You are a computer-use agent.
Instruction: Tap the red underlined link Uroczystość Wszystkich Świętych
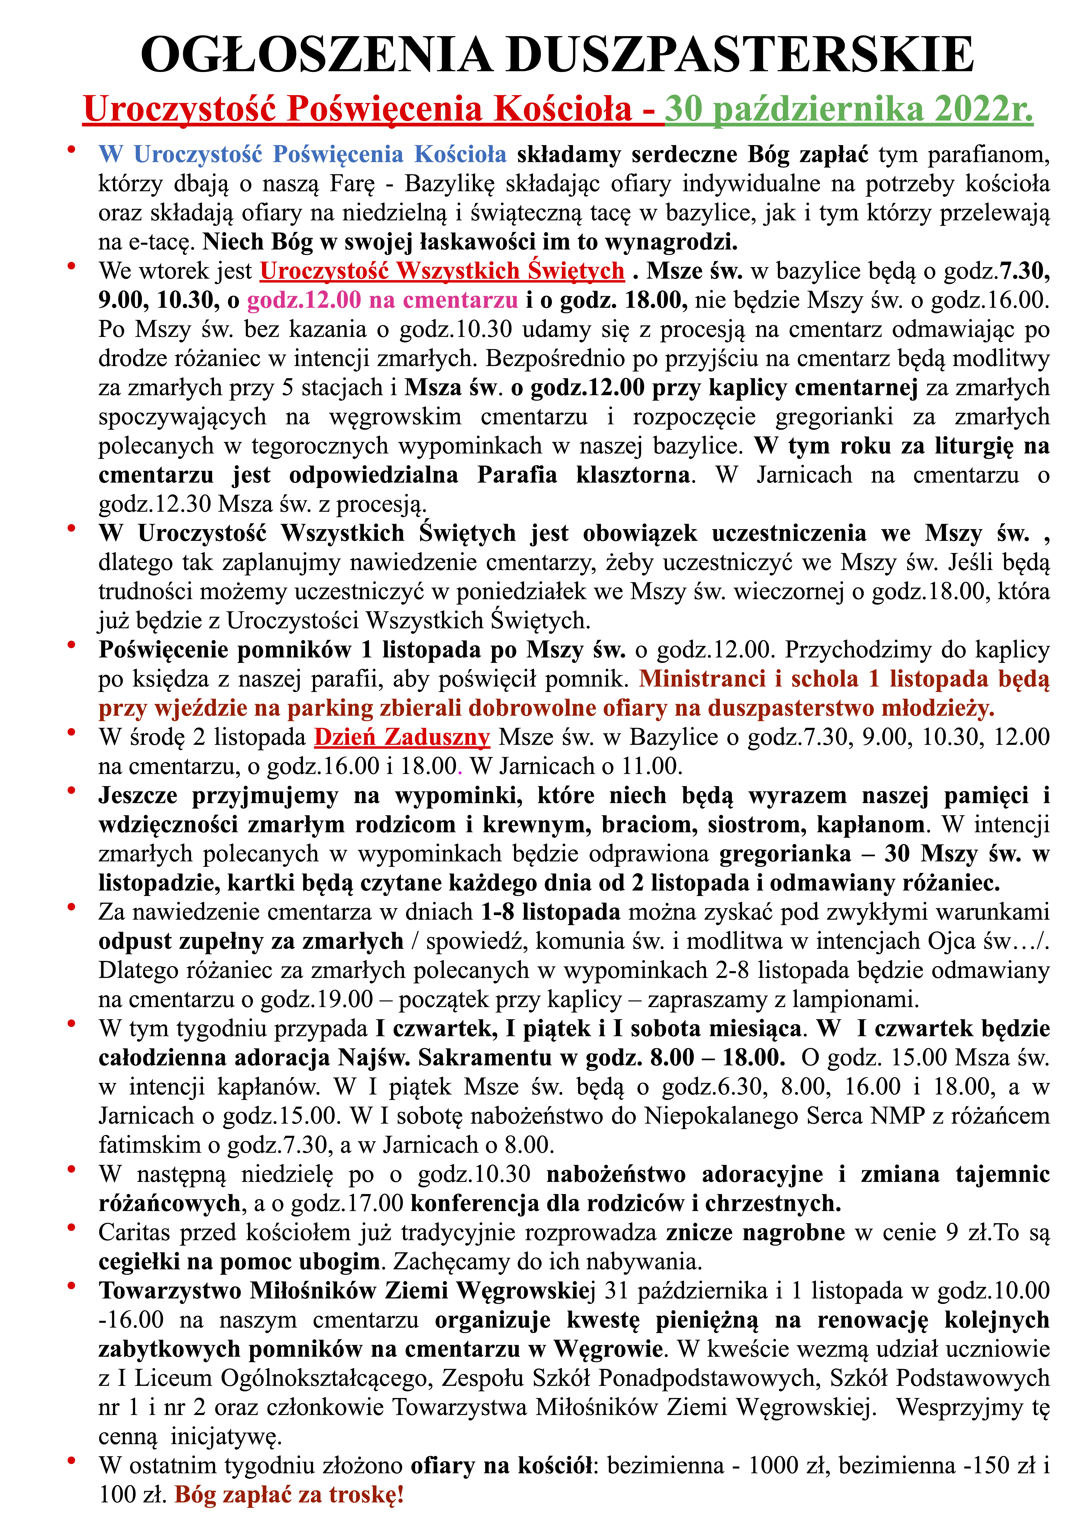click(442, 271)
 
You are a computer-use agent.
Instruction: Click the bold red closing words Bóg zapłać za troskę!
click(289, 1494)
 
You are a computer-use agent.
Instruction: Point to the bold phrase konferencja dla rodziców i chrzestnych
click(625, 1203)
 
